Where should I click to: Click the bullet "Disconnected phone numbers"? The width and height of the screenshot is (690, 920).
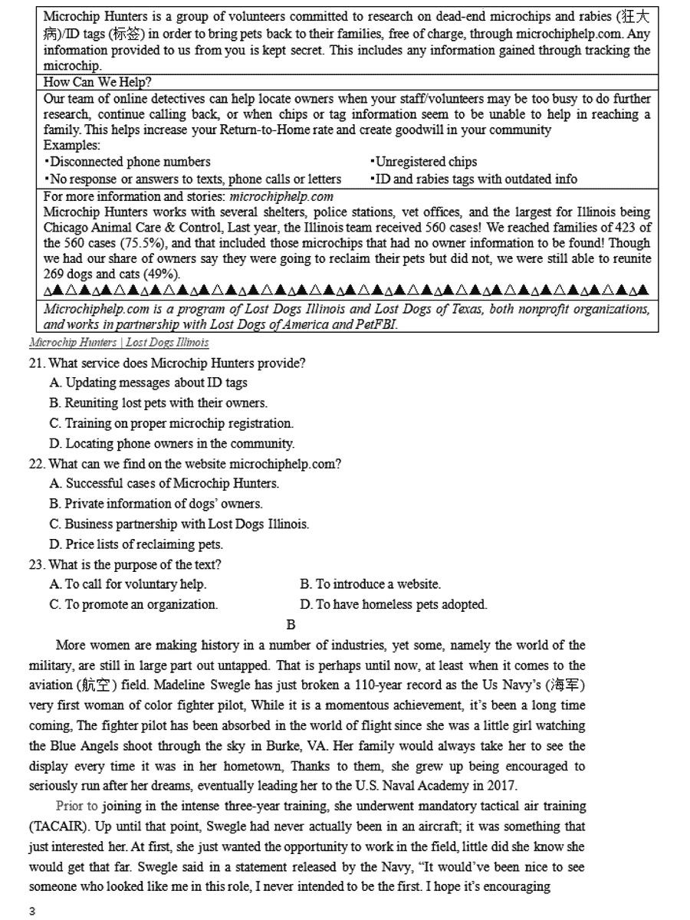[127, 162]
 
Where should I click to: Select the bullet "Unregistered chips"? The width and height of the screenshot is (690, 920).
[423, 162]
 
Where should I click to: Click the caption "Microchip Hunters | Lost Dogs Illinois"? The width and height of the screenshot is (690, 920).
[119, 342]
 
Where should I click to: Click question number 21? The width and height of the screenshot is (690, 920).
[38, 363]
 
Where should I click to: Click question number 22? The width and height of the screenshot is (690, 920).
[38, 464]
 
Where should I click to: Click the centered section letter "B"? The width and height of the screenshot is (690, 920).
[291, 625]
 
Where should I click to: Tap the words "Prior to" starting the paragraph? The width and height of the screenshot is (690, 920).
[77, 807]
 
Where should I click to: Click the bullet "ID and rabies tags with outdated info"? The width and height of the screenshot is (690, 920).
[474, 179]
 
